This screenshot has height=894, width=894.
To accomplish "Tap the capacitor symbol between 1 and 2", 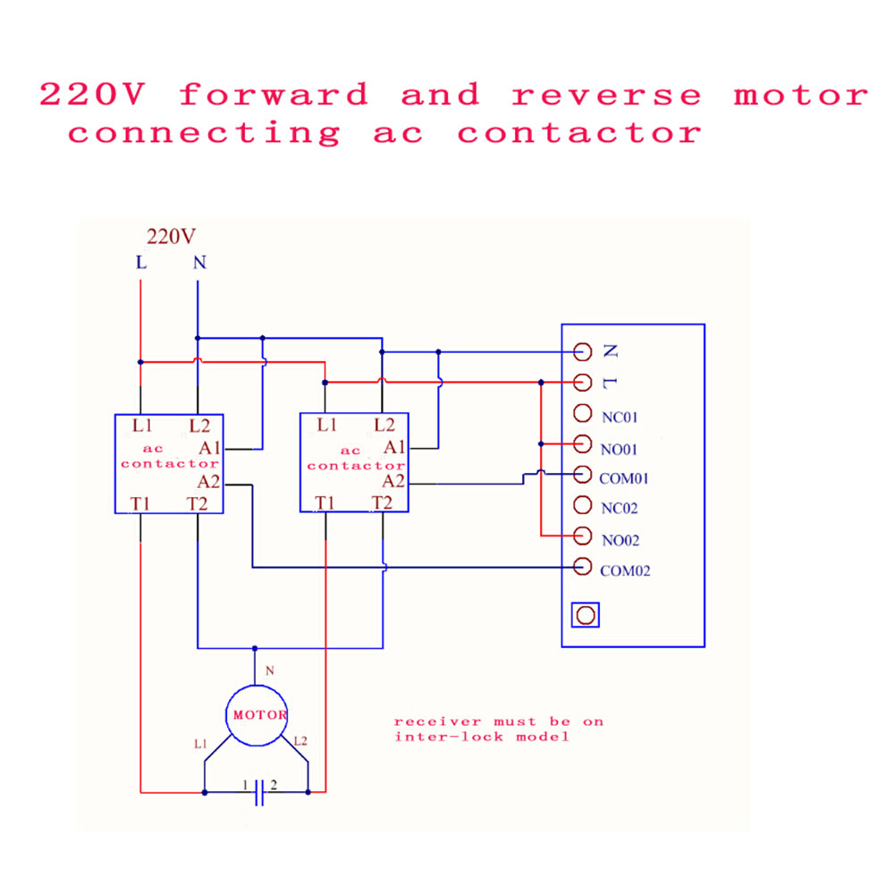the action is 259,792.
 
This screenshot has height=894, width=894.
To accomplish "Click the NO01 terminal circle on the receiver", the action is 582,443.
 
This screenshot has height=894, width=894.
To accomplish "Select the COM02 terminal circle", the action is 582,567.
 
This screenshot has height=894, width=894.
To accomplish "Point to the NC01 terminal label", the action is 620,417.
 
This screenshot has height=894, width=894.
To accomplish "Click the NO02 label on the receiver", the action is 620,540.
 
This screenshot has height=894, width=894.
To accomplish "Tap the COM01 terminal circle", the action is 582,475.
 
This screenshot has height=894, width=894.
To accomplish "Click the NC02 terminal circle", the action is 582,504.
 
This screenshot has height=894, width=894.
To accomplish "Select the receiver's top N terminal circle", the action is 582,351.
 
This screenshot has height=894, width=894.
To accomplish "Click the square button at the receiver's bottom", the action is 586,615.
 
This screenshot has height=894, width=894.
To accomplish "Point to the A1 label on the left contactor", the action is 209,448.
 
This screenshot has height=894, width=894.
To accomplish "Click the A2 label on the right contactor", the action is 393,481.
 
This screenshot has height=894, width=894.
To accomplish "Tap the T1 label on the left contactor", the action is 140,503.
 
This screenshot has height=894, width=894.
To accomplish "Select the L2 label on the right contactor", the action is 384,425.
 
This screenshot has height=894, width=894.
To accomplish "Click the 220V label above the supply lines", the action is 171,236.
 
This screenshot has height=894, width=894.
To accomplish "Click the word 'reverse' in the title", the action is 606,96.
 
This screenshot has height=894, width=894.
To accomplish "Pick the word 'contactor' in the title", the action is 579,133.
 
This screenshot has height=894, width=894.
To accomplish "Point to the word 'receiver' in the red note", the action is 437,721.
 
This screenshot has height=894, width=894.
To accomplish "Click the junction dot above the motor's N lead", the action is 255,648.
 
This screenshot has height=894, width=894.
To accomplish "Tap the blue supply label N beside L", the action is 199,262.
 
